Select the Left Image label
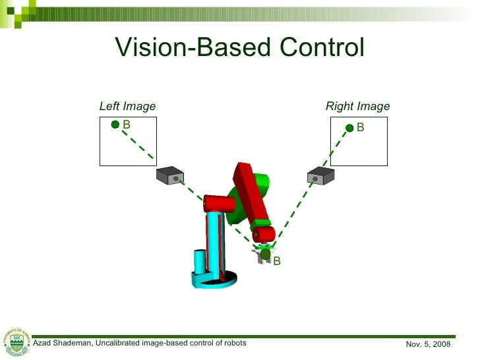[127, 106]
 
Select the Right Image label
[357, 106]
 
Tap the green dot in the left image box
[115, 124]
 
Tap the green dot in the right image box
[349, 127]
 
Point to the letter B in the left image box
[127, 124]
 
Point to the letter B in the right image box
[361, 127]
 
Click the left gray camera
[169, 175]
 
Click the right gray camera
[321, 175]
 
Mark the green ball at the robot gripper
[265, 253]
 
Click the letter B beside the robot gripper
[277, 262]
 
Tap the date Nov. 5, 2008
[428, 344]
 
